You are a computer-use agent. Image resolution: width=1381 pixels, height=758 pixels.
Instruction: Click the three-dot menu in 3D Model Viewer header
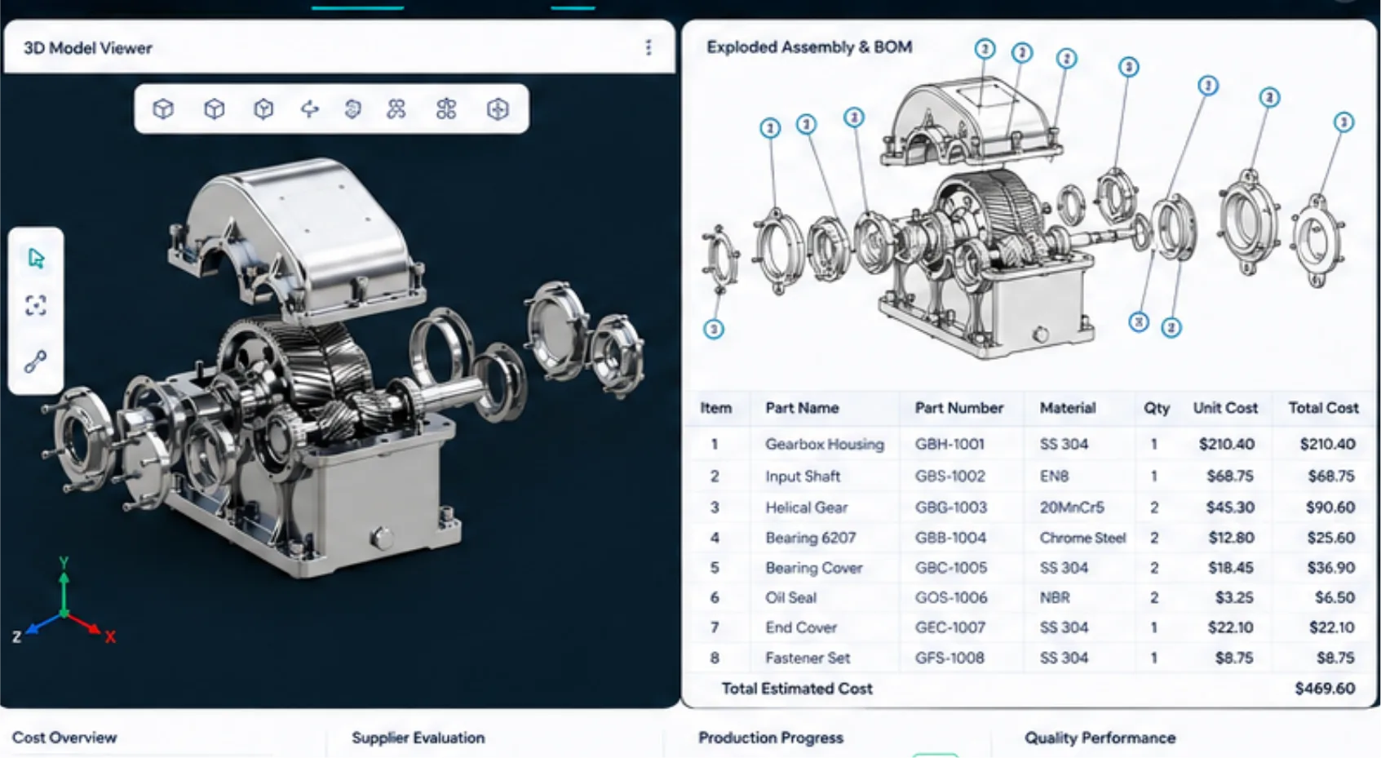(648, 47)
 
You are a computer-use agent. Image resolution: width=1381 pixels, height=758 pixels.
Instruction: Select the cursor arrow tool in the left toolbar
(37, 258)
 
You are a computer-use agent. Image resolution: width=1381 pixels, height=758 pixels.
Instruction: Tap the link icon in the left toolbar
(35, 361)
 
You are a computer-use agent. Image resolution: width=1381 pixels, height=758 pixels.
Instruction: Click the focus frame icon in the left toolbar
(36, 305)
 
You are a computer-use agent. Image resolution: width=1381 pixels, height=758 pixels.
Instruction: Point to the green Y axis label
(64, 562)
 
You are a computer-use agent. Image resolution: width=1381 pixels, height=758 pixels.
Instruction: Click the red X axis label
(110, 637)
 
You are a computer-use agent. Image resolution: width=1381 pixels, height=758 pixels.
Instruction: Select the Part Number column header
(958, 408)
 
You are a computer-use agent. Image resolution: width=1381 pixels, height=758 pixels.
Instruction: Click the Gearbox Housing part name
(825, 444)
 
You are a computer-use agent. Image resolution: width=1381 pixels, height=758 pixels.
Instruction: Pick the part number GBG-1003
(950, 508)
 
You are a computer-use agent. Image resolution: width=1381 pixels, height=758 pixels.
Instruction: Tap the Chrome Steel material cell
(1082, 538)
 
